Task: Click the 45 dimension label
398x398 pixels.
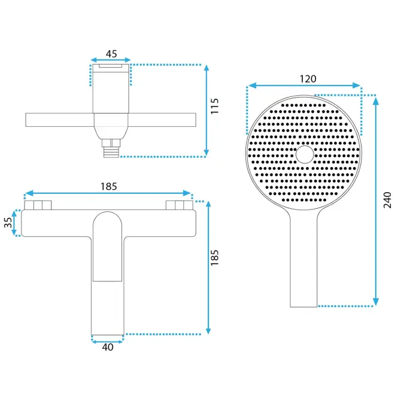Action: click(x=111, y=54)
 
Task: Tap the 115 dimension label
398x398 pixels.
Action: click(x=214, y=106)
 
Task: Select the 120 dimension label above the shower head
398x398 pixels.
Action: click(x=308, y=79)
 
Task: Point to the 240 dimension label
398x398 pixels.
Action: click(x=387, y=200)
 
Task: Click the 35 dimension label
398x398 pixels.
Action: click(x=8, y=223)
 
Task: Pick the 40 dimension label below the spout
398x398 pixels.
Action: click(x=108, y=347)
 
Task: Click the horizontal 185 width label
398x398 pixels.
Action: click(x=109, y=187)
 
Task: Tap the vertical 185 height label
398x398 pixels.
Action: click(x=214, y=258)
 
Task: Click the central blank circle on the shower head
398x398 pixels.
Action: click(x=305, y=154)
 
